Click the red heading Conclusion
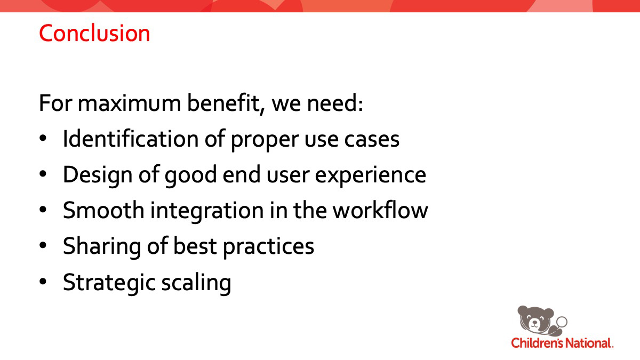pyautogui.click(x=94, y=33)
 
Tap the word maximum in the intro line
pyautogui.click(x=130, y=103)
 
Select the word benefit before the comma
pyautogui.click(x=223, y=103)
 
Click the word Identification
pyautogui.click(x=131, y=139)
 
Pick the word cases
pyautogui.click(x=372, y=140)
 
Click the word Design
pyautogui.click(x=98, y=175)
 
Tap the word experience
pyautogui.click(x=370, y=175)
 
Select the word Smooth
pyautogui.click(x=103, y=210)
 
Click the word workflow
pyautogui.click(x=381, y=210)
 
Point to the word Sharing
pyautogui.click(x=102, y=247)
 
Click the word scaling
pyautogui.click(x=196, y=283)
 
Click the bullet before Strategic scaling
pyautogui.click(x=43, y=282)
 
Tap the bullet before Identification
pyautogui.click(x=43, y=138)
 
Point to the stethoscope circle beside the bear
pyautogui.click(x=562, y=322)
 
